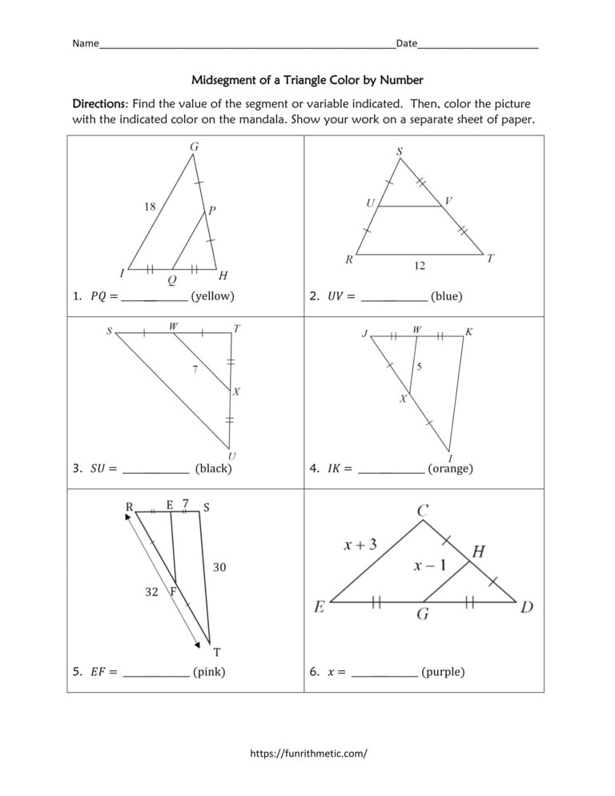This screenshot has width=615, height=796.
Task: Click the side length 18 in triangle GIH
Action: [x=150, y=206]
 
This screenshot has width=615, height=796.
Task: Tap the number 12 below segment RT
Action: [x=419, y=267]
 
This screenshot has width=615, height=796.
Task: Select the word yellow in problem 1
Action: [x=213, y=296]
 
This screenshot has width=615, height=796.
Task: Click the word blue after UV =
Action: [x=446, y=296]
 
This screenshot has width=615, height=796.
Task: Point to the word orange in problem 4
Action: [x=450, y=468]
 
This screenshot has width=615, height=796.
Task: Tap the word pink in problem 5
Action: [x=209, y=672]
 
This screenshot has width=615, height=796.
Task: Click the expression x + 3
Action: [x=360, y=545]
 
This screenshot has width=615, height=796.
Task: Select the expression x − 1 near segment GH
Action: [x=430, y=565]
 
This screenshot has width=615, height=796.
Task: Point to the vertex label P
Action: [x=211, y=211]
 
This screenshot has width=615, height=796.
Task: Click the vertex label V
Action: [x=449, y=201]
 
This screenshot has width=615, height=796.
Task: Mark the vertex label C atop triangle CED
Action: [x=422, y=509]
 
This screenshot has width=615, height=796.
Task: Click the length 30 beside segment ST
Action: [x=220, y=568]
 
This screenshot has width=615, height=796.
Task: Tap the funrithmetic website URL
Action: [x=308, y=754]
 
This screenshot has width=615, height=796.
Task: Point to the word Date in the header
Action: [x=407, y=43]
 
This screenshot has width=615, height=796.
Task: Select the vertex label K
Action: [x=469, y=332]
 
